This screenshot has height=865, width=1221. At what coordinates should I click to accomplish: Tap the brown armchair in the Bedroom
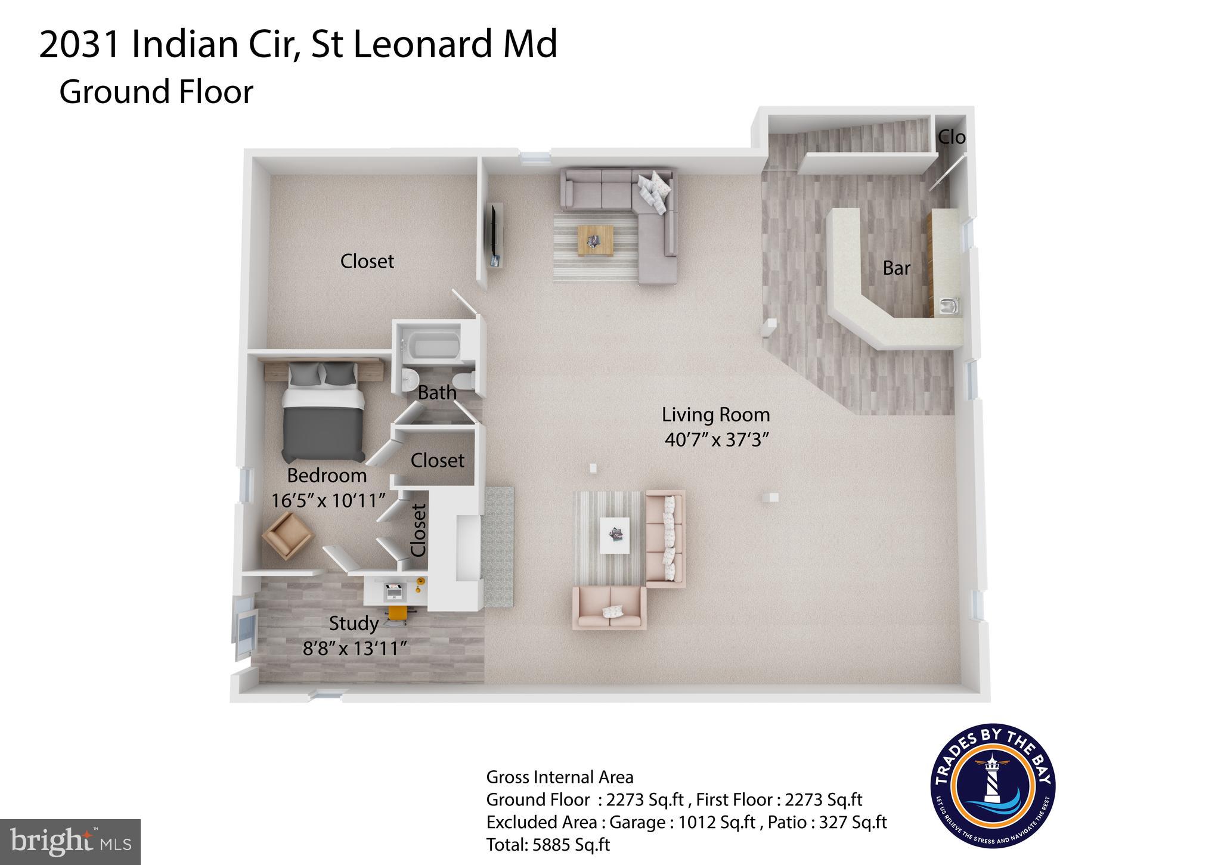[x=288, y=535]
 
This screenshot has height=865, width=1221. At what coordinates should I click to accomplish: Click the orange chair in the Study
[x=398, y=614]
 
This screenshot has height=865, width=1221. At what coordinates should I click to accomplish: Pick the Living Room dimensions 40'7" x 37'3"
[x=716, y=439]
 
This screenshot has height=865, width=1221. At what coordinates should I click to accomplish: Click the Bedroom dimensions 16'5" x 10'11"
[x=327, y=500]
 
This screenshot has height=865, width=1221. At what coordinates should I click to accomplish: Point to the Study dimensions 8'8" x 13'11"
[x=355, y=648]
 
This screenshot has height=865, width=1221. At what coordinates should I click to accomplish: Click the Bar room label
[x=896, y=268]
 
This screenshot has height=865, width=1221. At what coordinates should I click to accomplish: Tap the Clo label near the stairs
[x=952, y=138]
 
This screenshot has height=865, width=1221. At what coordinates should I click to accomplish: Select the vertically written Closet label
[x=419, y=530]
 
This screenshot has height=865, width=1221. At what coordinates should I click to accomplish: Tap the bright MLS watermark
[x=70, y=841]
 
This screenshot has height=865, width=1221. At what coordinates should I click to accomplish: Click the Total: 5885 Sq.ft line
[x=548, y=845]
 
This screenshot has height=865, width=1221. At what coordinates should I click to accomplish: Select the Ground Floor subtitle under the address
[x=156, y=92]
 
